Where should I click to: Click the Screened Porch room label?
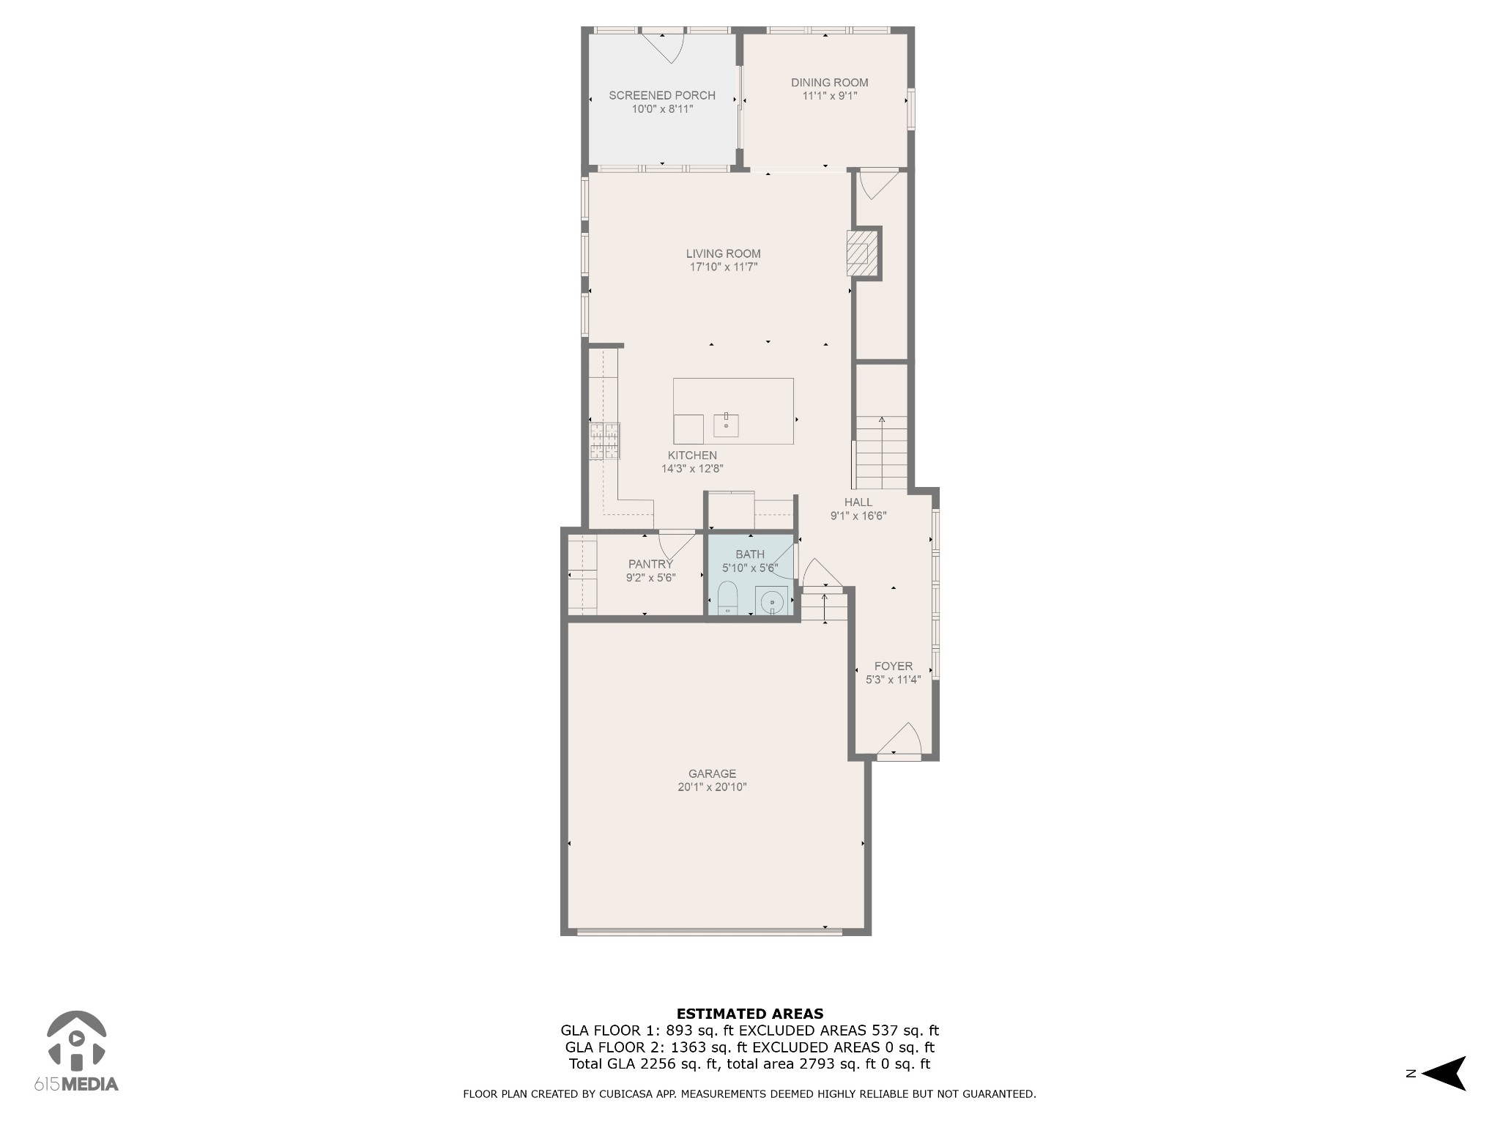tap(662, 95)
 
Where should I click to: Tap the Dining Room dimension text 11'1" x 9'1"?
tap(830, 96)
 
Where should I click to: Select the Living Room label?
tap(724, 254)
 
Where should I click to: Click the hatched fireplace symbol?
tap(858, 253)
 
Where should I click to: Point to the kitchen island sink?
tap(726, 425)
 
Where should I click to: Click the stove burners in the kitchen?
tap(605, 441)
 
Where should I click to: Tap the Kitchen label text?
tap(692, 456)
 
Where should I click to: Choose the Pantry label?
tap(650, 564)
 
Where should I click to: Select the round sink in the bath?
tap(772, 602)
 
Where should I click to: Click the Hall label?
tap(858, 502)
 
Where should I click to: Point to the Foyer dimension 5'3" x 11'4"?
tap(894, 680)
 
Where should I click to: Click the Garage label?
tap(712, 773)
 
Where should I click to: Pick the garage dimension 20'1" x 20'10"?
tap(712, 787)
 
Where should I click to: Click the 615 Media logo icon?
tap(77, 1040)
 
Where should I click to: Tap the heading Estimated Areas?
tap(750, 1014)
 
